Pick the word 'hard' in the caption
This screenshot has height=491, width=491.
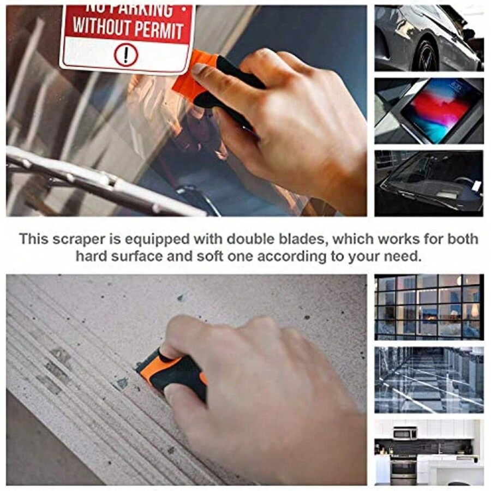coord(92,256)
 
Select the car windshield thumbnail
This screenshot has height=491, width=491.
coord(429,183)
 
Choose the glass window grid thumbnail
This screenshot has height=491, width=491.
coord(429,307)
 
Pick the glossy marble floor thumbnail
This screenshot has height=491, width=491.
coord(429,379)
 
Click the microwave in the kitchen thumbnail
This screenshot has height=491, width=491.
coord(405,433)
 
